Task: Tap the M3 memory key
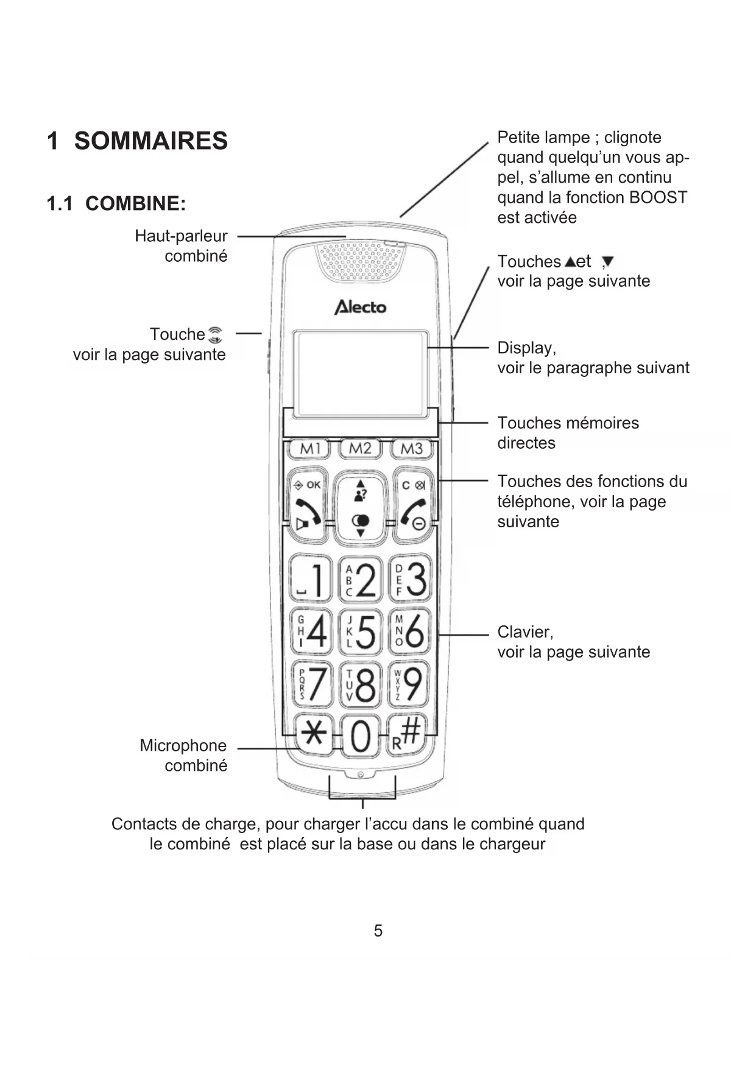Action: coord(412,449)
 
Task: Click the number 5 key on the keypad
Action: coord(361,631)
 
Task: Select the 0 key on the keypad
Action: coord(361,736)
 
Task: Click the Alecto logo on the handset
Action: coord(360,307)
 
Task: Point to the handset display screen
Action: coord(360,373)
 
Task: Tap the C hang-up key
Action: coord(413,505)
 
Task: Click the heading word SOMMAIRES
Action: coord(150,141)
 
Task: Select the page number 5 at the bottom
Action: coord(378,930)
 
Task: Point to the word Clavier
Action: coord(525,632)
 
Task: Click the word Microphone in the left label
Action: coord(183,745)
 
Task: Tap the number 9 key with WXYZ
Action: coord(409,684)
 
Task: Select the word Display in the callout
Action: coord(526,348)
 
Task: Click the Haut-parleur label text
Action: coord(181,236)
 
